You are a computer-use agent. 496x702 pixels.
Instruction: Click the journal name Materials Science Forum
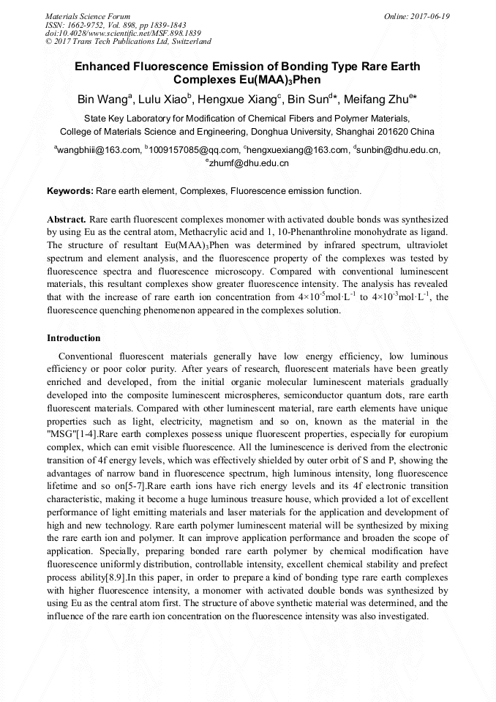pos(88,16)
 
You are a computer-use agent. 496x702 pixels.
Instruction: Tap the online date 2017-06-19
pos(431,16)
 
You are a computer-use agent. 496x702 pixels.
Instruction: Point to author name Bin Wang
pos(102,100)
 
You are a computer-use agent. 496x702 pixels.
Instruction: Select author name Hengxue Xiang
pos(236,100)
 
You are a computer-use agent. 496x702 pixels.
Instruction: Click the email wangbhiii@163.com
pos(99,150)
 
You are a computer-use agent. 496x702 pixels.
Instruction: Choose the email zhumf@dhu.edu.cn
pos(249,163)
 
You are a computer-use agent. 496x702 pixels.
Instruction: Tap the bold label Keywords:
pos(70,191)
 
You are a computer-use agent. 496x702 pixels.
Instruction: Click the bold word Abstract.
pos(67,219)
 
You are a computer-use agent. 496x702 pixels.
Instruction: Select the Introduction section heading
pos(74,338)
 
